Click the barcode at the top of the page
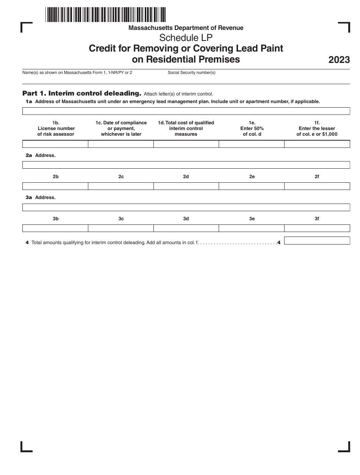pos(106,15)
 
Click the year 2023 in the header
pos(339,60)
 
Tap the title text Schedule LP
pos(186,38)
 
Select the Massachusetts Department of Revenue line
pos(186,28)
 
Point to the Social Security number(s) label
pos(191,72)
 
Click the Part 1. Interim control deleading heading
pos(82,93)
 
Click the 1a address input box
pos(186,111)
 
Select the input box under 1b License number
pos(55,144)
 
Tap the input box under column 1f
pos(317,144)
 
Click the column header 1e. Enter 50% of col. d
pos(252,129)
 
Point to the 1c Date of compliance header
pos(121,129)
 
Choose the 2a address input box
pos(186,165)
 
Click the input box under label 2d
pos(186,186)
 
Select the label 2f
pos(317,177)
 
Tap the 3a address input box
pos(186,207)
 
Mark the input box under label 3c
pos(121,228)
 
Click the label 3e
pos(252,219)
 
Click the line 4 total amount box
pos(317,241)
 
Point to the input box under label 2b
pos(55,186)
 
